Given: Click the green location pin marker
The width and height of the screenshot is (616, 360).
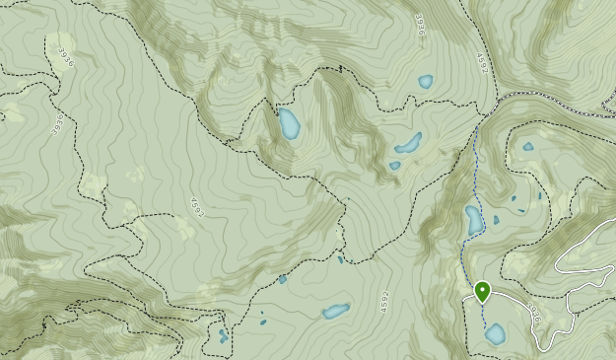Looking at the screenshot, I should pyautogui.click(x=482, y=291).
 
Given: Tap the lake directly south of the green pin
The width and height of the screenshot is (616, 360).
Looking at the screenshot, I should pyautogui.click(x=495, y=334).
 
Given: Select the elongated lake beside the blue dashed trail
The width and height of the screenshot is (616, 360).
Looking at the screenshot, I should pyautogui.click(x=474, y=220).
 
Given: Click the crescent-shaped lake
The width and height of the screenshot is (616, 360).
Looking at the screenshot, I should pyautogui.click(x=408, y=144).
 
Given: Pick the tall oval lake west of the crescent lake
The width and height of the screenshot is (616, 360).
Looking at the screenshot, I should pyautogui.click(x=289, y=124).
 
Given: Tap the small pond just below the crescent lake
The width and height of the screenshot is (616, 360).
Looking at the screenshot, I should pyautogui.click(x=395, y=166).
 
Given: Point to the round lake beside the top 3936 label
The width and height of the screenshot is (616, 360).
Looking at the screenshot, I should pyautogui.click(x=425, y=82).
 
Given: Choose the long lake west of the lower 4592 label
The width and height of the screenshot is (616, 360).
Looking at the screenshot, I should pyautogui.click(x=335, y=312).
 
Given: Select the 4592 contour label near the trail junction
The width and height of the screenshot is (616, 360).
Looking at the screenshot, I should pyautogui.click(x=481, y=64).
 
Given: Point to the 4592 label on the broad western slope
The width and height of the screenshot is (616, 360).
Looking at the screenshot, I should pyautogui.click(x=195, y=209).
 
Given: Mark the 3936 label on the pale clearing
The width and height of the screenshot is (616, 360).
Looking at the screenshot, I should pyautogui.click(x=58, y=122).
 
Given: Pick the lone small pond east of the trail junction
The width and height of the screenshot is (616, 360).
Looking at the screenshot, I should pyautogui.click(x=528, y=147).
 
